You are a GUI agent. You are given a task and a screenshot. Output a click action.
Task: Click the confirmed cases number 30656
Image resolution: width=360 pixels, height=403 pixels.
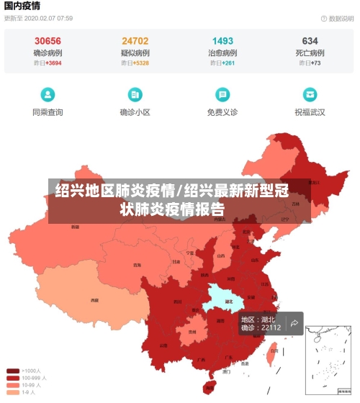(48, 41)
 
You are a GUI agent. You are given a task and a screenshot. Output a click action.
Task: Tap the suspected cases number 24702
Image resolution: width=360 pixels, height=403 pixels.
(135, 41)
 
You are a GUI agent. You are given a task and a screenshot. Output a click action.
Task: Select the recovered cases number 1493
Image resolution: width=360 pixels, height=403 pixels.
(222, 41)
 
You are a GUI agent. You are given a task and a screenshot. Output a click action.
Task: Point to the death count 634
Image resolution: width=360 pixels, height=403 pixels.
(310, 41)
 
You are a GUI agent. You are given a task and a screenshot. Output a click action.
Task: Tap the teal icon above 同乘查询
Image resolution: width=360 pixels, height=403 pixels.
(48, 94)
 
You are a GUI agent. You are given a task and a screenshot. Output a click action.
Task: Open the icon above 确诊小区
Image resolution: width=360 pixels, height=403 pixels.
(135, 94)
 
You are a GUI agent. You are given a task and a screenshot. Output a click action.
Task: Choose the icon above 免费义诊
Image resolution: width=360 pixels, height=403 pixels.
(222, 94)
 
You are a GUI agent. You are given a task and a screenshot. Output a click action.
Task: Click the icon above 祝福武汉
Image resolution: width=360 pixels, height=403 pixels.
(310, 94)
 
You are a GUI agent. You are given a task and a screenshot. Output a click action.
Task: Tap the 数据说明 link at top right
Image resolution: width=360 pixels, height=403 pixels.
(337, 19)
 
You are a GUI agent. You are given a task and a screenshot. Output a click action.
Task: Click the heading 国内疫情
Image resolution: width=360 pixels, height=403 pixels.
(22, 6)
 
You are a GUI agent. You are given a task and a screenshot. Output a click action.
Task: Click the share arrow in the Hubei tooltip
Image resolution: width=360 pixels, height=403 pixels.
(294, 324)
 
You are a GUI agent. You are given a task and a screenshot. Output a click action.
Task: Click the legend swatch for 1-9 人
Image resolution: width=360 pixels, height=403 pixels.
(13, 392)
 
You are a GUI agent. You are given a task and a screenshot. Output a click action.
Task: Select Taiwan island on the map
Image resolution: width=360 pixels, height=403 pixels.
(272, 352)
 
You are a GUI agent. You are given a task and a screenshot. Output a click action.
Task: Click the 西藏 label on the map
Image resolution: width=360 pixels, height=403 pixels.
(94, 299)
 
